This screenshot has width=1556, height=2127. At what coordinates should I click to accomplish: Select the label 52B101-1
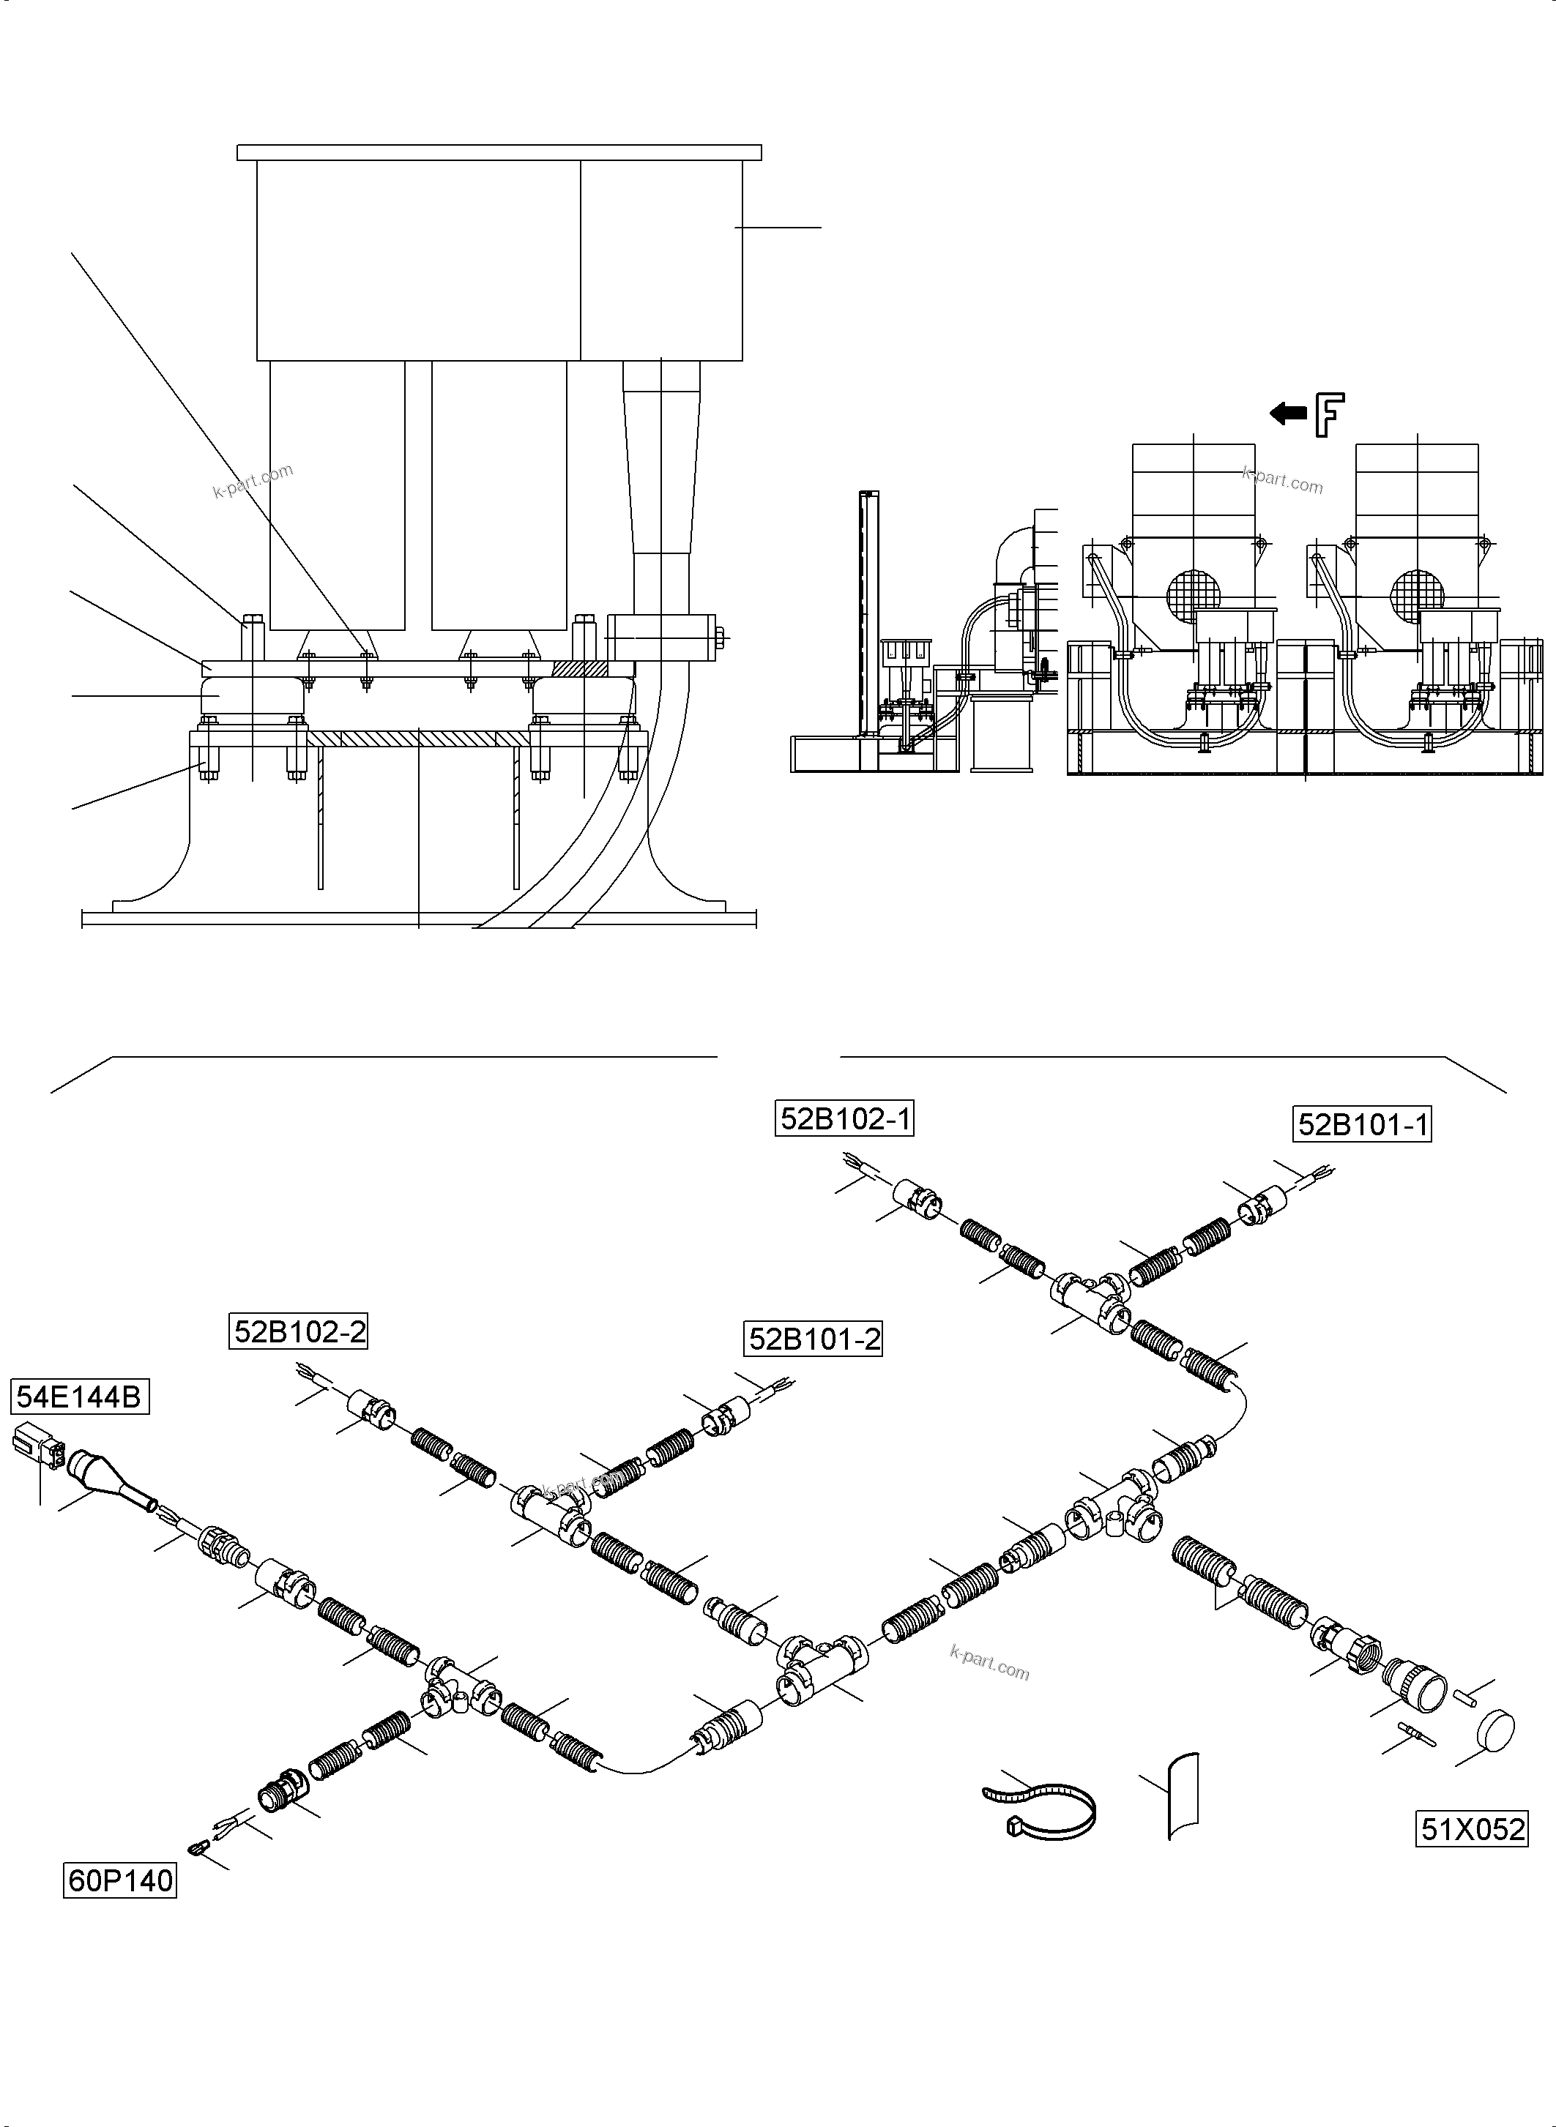tap(1362, 1124)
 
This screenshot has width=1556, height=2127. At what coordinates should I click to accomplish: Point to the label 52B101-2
tap(814, 1338)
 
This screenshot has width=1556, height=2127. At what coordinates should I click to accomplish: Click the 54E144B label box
tap(80, 1397)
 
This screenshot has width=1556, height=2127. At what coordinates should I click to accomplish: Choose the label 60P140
tap(119, 1880)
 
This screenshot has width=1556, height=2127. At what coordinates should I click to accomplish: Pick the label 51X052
tap(1471, 1828)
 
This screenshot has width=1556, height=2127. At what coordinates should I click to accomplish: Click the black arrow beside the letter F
tap(1287, 412)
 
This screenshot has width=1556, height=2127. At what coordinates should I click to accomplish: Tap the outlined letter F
tap(1329, 415)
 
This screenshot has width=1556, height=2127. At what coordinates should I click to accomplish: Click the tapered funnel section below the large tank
tap(661, 461)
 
